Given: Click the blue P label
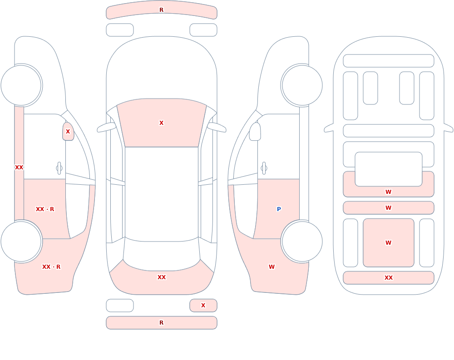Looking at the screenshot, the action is coord(279,209).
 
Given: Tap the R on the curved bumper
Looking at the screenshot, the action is coord(162,10).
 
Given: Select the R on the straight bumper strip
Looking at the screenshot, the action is coord(162,323).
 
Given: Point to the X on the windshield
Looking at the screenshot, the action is coord(162,123).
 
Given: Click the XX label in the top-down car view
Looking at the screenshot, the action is coord(162,277).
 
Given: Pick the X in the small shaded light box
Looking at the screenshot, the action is coord(203,305).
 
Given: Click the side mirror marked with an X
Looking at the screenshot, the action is coord(68,132).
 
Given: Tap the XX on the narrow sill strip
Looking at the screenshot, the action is coord(19,168).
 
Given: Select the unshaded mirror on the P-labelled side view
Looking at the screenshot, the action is coord(255,132).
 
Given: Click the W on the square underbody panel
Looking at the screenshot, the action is coord(389,243).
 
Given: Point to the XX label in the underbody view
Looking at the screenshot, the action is coord(389,278).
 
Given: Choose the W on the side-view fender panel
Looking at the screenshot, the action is coord(271,267).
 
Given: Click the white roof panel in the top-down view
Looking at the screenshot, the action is coord(162,194).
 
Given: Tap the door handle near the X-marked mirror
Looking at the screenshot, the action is coord(59,168).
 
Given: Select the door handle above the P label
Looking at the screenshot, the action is coord(264,168).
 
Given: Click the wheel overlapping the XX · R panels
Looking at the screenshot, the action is coord(21,241).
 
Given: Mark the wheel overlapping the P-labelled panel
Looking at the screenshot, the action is coord(302,241).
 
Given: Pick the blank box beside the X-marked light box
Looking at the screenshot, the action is coord(120,306).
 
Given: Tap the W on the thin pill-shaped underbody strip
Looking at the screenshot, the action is coord(389,207).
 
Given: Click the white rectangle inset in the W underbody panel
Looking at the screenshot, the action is coord(389,169).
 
